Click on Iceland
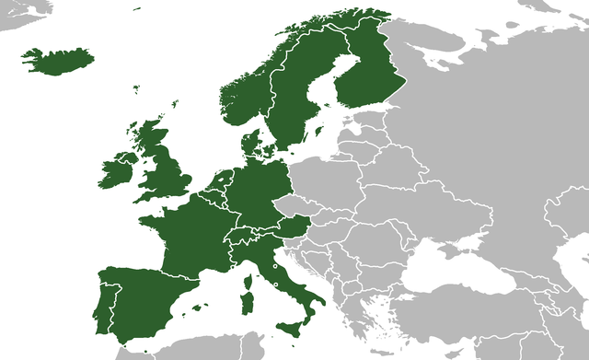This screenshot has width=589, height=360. [57, 60]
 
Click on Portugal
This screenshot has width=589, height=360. [103, 299]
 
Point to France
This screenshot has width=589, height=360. [189, 235]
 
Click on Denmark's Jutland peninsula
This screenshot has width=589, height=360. [248, 145]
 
